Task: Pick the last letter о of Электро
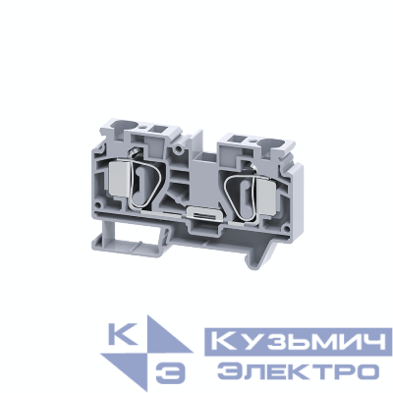[x=366, y=370]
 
